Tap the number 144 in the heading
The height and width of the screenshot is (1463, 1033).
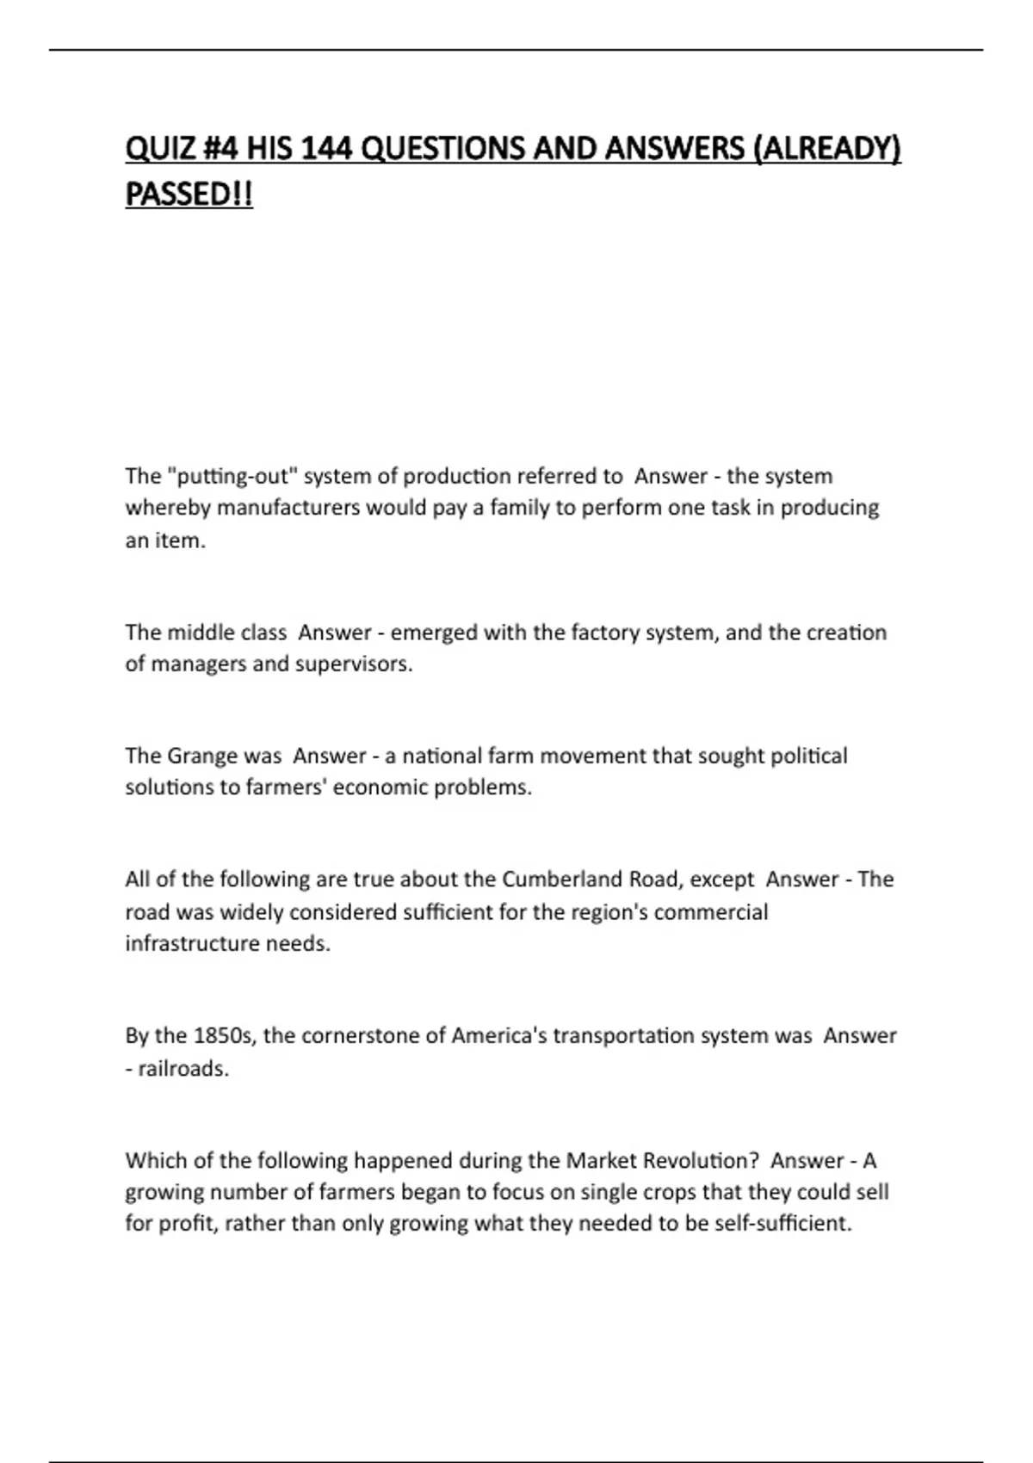point(327,150)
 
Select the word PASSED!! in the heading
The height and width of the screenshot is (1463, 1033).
point(189,194)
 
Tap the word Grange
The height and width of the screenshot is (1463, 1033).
point(201,756)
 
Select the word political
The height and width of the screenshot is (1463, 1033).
point(808,756)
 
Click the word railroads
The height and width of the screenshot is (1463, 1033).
point(183,1069)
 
